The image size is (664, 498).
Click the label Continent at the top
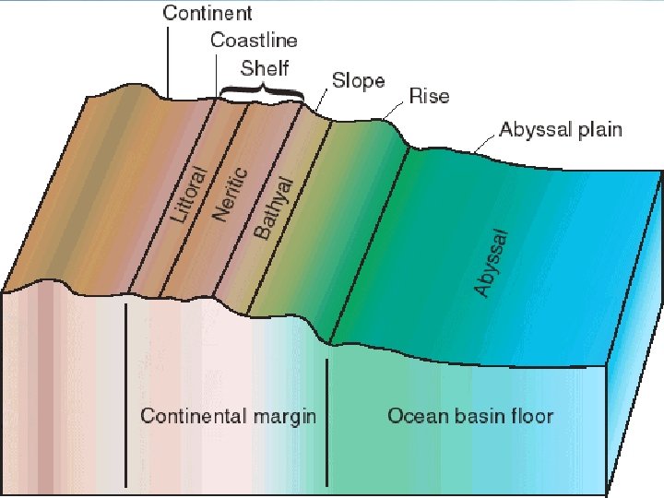point(208,13)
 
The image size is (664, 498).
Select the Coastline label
point(254,40)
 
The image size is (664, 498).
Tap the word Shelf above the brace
point(264,67)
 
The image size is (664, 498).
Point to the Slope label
point(358,81)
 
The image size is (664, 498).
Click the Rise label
point(429,97)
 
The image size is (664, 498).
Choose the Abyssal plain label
point(560,129)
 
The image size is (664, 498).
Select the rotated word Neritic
point(231,193)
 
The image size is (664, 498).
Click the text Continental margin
point(228,416)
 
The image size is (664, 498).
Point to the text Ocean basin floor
point(470,416)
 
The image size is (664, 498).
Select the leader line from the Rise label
point(395,108)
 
